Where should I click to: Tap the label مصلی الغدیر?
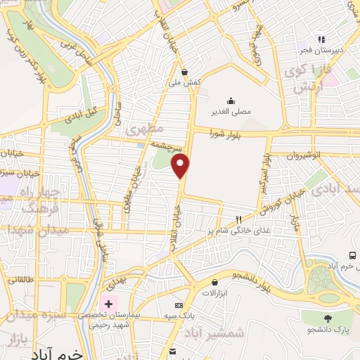[x=231, y=111]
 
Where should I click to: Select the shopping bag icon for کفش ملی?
[x=185, y=71]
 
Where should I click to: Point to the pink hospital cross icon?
[x=108, y=304]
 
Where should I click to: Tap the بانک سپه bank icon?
[x=179, y=305]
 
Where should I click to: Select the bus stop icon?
[x=352, y=255]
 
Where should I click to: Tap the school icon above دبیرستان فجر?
[x=321, y=39]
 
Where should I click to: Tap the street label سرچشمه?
[x=169, y=145]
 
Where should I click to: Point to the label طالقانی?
[x=21, y=280]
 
